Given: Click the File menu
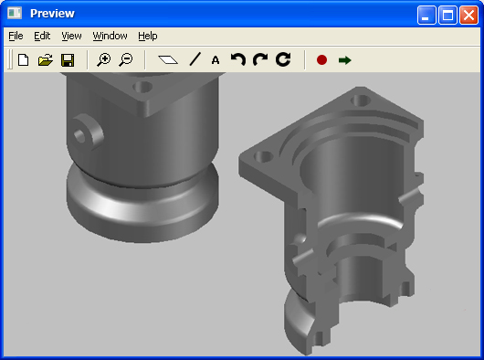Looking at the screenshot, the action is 16,37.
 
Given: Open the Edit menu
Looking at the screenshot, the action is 42,37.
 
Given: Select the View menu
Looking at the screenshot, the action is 71,37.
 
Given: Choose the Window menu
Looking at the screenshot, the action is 110,37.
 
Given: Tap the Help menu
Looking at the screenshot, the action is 148,37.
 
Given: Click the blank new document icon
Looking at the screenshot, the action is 24,60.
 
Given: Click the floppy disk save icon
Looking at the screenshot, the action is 68,60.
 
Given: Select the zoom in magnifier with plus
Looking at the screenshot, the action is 104,60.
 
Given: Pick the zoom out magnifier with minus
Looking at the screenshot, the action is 126,60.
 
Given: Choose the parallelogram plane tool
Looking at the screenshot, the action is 168,59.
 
